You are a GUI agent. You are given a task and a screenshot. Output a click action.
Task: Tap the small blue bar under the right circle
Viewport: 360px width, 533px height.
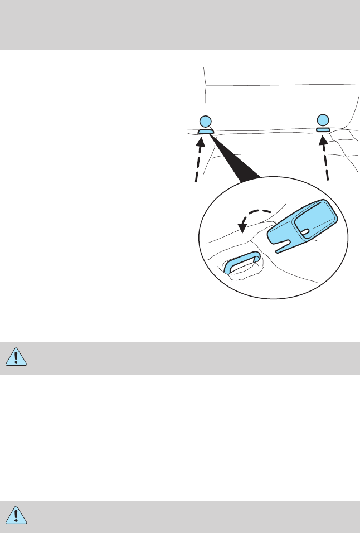point(323,129)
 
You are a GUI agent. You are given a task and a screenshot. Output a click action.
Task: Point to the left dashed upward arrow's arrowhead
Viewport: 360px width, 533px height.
point(201,141)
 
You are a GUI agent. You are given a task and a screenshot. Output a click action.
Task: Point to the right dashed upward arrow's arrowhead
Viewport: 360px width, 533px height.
point(322,139)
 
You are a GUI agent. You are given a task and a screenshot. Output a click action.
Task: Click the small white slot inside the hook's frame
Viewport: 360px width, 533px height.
point(305,230)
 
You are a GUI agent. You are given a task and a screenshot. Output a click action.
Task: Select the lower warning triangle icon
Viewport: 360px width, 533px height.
point(17,516)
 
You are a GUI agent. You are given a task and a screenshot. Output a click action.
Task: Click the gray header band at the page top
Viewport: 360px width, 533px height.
point(180,25)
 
